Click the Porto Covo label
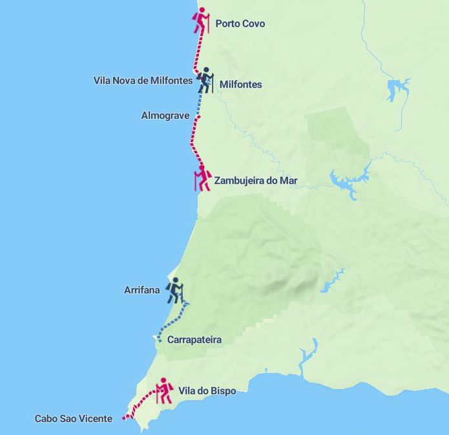(240, 24)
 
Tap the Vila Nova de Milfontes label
(143, 81)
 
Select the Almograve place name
(165, 116)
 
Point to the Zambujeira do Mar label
(255, 181)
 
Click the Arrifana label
(141, 290)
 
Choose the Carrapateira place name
(194, 340)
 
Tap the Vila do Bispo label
(207, 391)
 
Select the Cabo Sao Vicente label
(73, 419)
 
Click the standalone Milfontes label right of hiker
(240, 85)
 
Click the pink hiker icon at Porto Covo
(202, 21)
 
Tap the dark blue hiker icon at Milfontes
(205, 80)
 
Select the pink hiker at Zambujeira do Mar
(202, 178)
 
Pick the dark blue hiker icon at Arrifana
(174, 290)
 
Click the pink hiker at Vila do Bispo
(164, 390)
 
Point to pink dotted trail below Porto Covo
(197, 52)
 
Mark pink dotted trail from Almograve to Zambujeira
(193, 142)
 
